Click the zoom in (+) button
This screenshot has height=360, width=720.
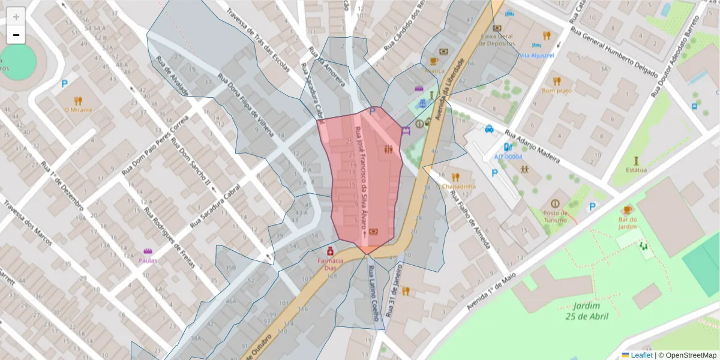point(16,17)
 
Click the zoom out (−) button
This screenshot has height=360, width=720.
point(16,35)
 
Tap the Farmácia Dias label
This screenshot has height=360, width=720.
point(330,264)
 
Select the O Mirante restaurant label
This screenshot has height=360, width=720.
point(78,110)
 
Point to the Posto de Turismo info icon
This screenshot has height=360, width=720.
point(554,203)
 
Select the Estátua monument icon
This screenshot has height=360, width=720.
point(636,161)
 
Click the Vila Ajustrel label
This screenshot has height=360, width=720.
point(536,55)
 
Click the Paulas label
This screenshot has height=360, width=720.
point(148,260)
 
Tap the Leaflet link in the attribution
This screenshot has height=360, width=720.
point(641,355)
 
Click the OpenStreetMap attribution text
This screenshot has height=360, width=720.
point(690,355)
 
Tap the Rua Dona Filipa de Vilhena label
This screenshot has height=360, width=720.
point(246,105)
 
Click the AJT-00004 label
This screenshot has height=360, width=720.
point(508,157)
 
